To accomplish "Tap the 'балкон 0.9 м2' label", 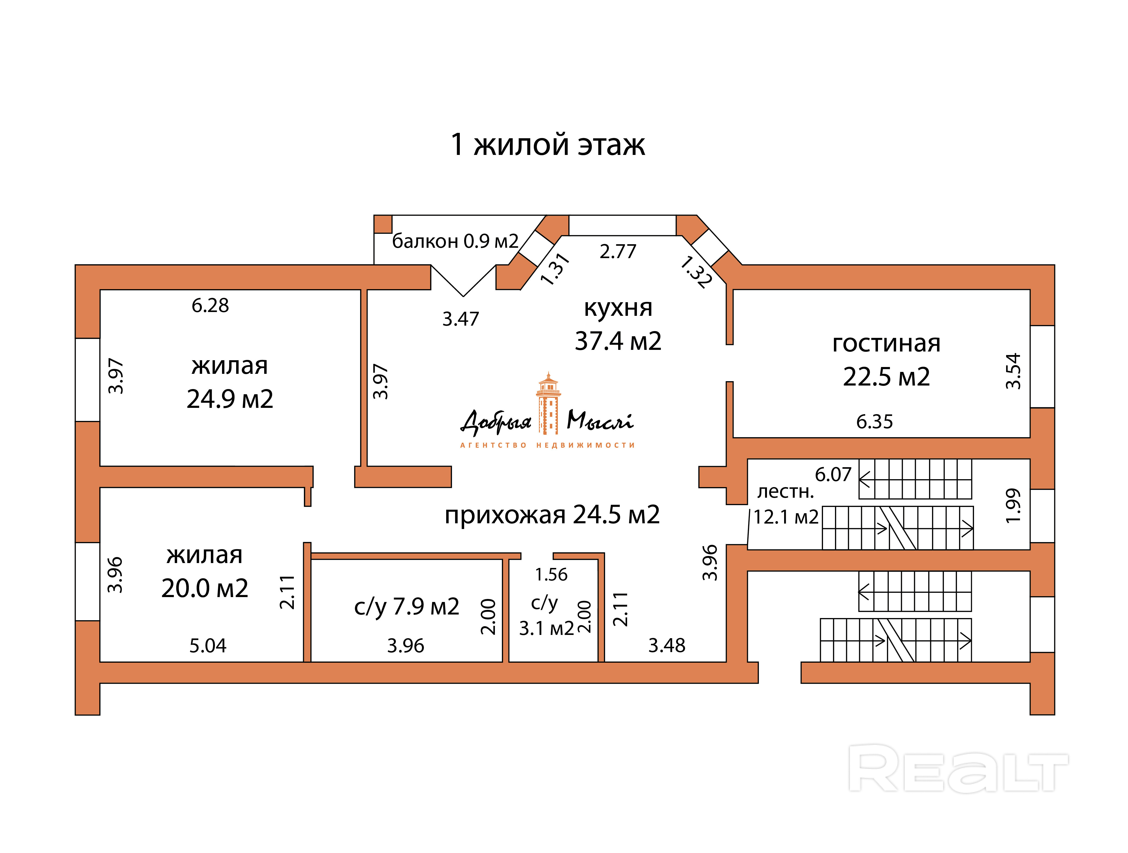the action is (455, 241).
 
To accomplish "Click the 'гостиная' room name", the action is (886, 343).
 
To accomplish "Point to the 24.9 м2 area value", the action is (230, 399).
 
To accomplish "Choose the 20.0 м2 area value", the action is (205, 588).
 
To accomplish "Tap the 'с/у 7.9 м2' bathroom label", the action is (406, 607).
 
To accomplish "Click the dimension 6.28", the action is (210, 305).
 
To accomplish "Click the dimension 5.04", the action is (208, 646).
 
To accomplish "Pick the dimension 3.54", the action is (1013, 371).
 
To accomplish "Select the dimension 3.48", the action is (667, 646).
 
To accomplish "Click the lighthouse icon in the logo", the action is (548, 403).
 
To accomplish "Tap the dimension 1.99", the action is (1013, 506).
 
